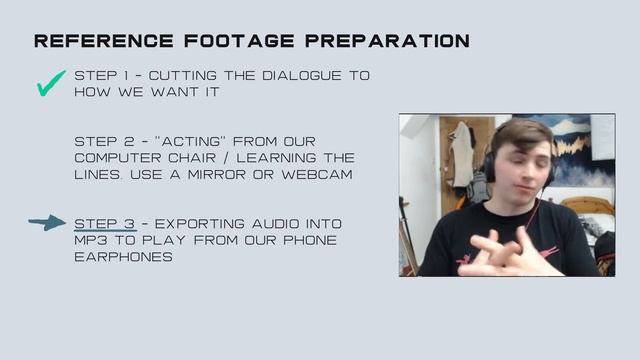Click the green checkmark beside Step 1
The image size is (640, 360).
coord(50,84)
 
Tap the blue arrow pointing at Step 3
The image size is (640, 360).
coord(47,223)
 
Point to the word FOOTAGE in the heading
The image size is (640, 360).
coord(226,41)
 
